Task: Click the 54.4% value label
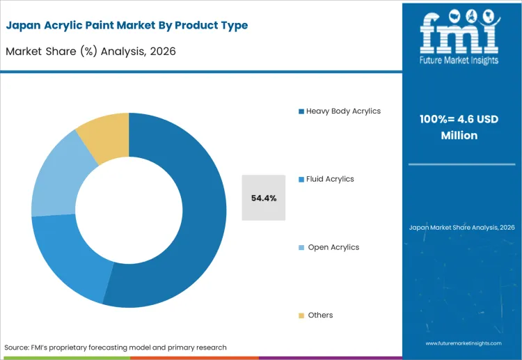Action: coord(264,198)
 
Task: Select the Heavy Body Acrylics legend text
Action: coord(343,111)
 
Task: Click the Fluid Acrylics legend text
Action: coord(330,179)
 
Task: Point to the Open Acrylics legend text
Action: coord(333,247)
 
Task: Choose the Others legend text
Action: coord(320,315)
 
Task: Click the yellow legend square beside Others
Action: coord(301,315)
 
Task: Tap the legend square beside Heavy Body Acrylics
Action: coord(301,111)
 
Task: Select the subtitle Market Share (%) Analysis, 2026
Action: coord(91,51)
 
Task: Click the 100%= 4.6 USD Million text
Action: coord(459,127)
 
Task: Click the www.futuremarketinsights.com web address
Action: coord(461,343)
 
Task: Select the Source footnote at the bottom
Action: coord(116,347)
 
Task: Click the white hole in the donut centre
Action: coord(129,210)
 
